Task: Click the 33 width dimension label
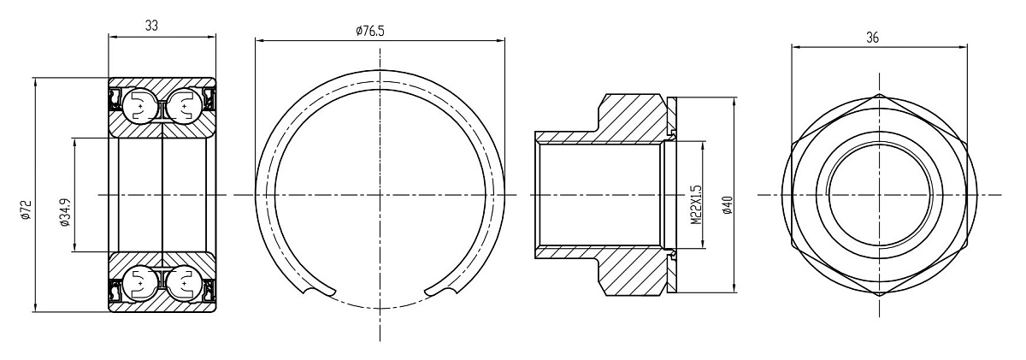pyautogui.click(x=151, y=26)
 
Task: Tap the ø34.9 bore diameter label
pyautogui.click(x=64, y=211)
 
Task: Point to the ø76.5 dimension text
pyautogui.click(x=370, y=31)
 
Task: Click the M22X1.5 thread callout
pyautogui.click(x=696, y=204)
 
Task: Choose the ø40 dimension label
pyautogui.click(x=728, y=204)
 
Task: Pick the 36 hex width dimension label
pyautogui.click(x=873, y=38)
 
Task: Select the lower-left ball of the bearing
pyautogui.click(x=139, y=285)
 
